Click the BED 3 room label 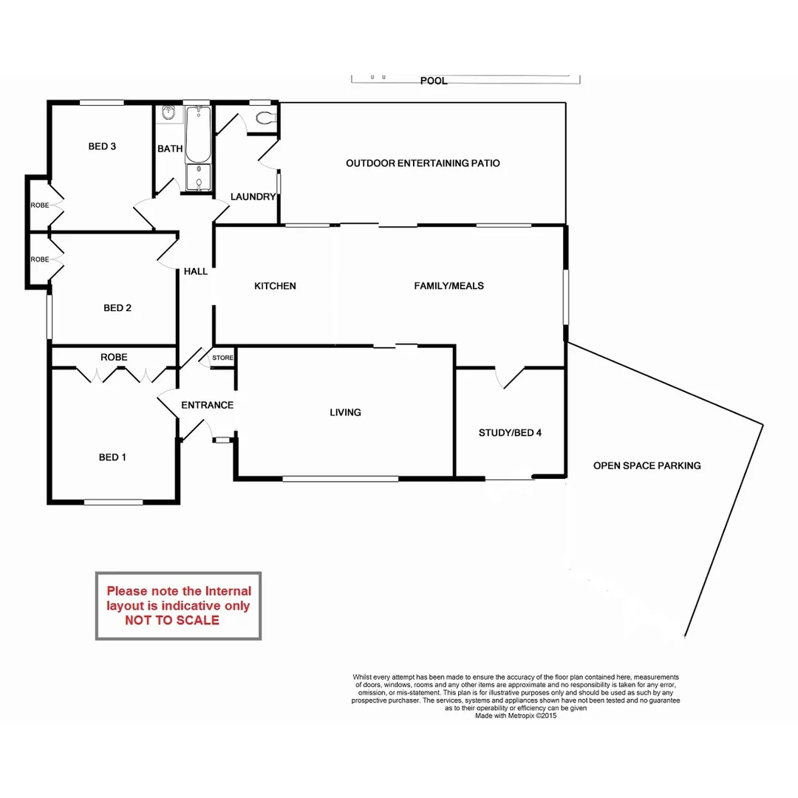102,146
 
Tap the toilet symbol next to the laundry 265,117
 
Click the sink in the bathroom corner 168,113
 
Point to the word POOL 434,81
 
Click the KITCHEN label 275,286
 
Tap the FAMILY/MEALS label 449,286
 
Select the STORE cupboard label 222,358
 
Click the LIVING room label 345,412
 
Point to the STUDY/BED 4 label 510,433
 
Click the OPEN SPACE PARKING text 647,465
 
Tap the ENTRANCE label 207,405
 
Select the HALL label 196,272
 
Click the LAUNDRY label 253,197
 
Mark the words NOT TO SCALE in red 172,621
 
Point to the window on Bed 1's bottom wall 113,502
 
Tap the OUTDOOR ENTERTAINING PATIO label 423,163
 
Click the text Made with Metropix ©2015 515,715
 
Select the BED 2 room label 117,308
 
